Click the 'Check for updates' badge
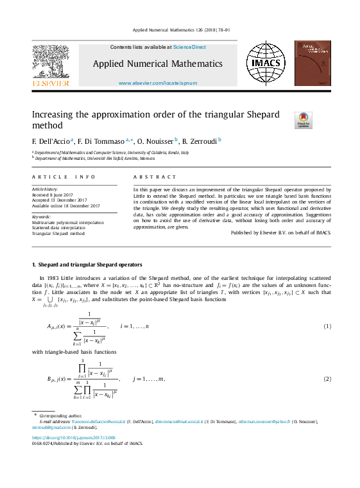point(302,120)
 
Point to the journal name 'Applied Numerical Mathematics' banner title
point(157,64)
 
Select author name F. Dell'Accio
point(52,140)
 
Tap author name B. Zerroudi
point(200,140)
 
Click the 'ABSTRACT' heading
point(154,177)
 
